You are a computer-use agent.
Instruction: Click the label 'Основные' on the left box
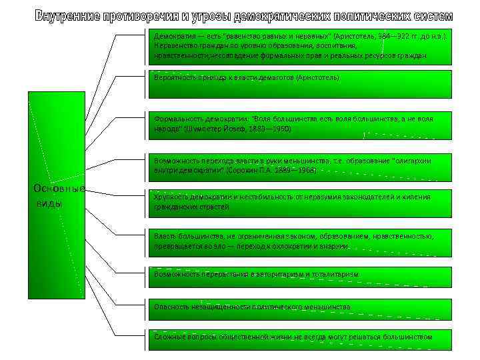tap(59, 188)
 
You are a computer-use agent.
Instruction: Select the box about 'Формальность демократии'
tap(300, 123)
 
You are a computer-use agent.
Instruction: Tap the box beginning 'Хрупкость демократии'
tap(300, 203)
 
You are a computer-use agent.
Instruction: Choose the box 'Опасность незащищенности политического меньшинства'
tap(300, 307)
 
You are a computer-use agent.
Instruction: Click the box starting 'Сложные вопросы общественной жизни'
tap(300, 337)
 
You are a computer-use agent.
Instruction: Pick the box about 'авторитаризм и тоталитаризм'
tap(300, 274)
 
